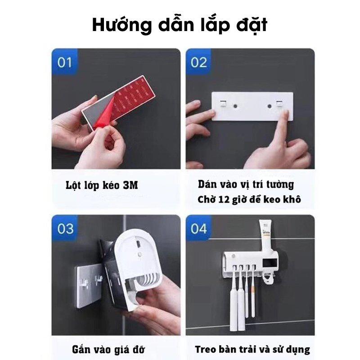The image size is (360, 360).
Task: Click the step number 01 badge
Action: [64, 62]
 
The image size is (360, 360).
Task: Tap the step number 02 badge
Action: [198, 62]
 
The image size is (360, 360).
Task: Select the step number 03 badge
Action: [65, 228]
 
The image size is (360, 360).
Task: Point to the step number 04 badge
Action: [198, 228]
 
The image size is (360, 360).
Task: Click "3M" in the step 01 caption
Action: [130, 185]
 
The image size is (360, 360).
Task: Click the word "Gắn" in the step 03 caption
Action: [81, 350]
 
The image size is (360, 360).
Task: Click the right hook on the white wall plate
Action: [279, 103]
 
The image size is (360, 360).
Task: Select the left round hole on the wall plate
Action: [235, 106]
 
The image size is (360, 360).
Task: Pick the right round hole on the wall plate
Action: [269, 106]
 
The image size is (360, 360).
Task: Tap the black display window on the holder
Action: [270, 262]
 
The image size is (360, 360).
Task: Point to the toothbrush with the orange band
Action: [253, 291]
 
